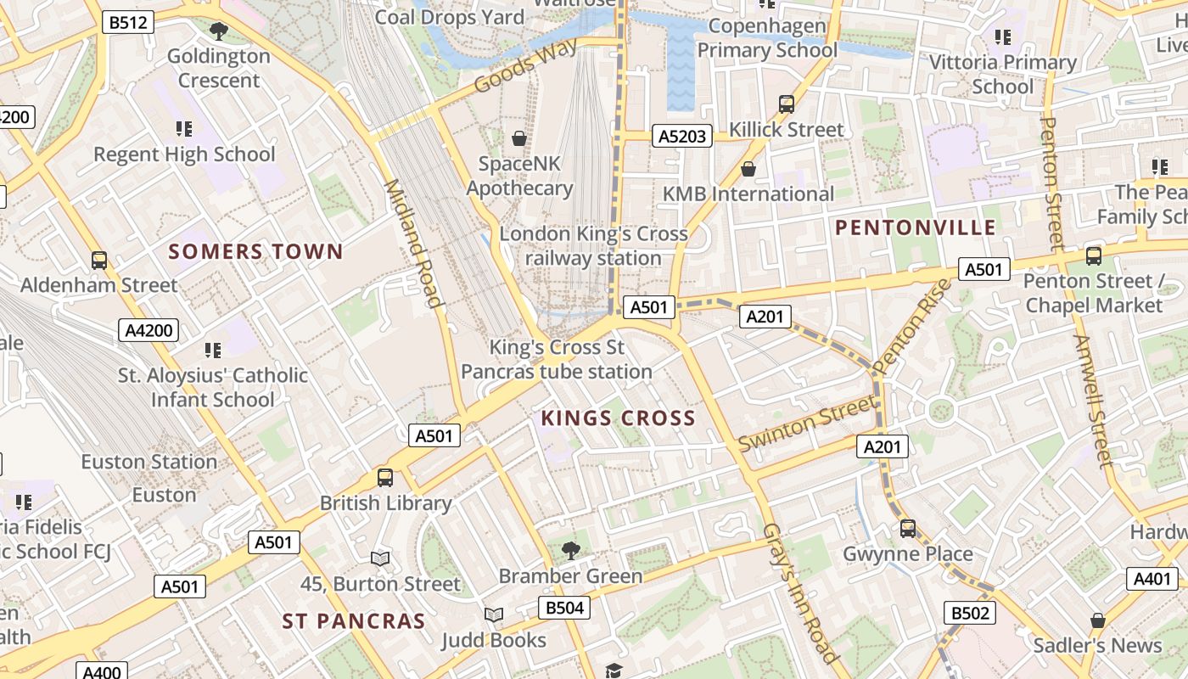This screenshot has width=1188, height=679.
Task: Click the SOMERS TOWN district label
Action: pyautogui.click(x=255, y=251)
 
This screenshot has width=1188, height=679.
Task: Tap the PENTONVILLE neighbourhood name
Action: pyautogui.click(x=916, y=227)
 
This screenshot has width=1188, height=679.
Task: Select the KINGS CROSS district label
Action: pyautogui.click(x=618, y=418)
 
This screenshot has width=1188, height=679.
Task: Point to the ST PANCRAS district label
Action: pyautogui.click(x=354, y=621)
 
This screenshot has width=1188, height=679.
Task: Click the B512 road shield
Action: pyautogui.click(x=128, y=22)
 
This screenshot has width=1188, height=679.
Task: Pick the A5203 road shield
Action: pyautogui.click(x=682, y=136)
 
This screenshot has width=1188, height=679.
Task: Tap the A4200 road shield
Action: pyautogui.click(x=148, y=330)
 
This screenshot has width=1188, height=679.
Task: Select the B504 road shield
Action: pyautogui.click(x=564, y=608)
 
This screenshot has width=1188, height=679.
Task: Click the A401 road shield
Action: pyautogui.click(x=1152, y=579)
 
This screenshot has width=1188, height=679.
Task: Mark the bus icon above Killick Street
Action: pyautogui.click(x=787, y=104)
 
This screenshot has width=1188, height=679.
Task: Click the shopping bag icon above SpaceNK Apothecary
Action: pyautogui.click(x=518, y=137)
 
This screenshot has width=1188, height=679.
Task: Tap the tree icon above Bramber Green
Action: pyautogui.click(x=571, y=550)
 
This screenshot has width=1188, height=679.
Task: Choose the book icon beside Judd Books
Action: pyautogui.click(x=493, y=614)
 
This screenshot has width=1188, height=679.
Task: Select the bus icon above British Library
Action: pyautogui.click(x=385, y=477)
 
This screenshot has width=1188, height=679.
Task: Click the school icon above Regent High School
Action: pyautogui.click(x=184, y=129)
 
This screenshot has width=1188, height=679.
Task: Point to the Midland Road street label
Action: pyautogui.click(x=414, y=244)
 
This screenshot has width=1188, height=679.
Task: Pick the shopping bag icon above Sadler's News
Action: pyautogui.click(x=1097, y=620)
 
